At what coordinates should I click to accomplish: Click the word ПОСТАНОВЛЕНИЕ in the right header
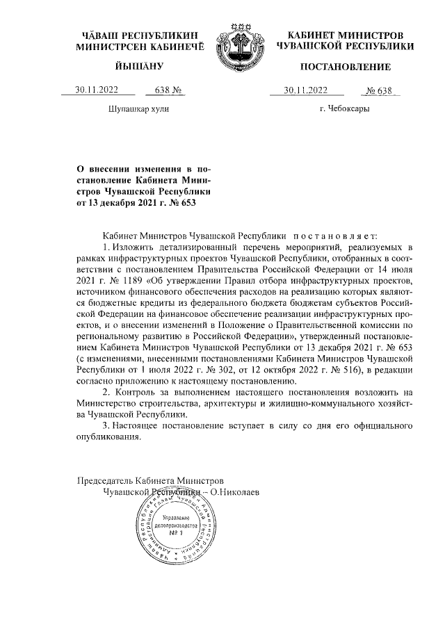(x=345, y=67)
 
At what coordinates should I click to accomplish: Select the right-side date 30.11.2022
(x=307, y=90)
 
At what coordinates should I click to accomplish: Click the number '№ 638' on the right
(x=382, y=90)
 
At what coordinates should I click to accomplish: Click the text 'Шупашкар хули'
(x=138, y=109)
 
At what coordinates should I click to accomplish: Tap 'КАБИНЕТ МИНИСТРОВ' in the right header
(x=346, y=35)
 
